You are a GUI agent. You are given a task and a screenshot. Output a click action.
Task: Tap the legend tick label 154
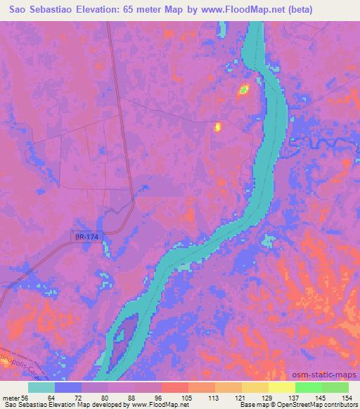click(x=349, y=397)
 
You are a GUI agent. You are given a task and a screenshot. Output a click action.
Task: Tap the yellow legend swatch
click(x=281, y=387)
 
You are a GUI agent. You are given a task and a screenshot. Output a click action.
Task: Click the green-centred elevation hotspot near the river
click(x=244, y=89)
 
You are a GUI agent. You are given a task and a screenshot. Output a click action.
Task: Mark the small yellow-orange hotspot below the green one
click(x=217, y=127)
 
